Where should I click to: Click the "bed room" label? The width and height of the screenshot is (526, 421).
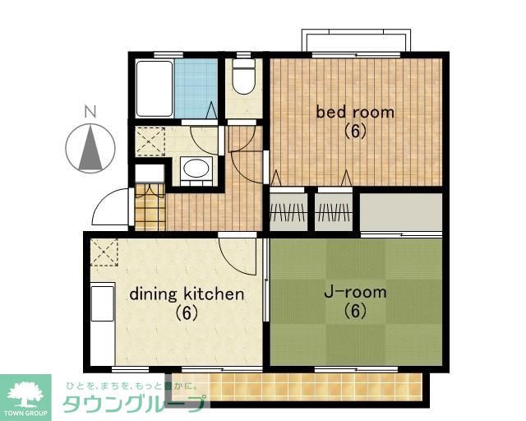click(355, 112)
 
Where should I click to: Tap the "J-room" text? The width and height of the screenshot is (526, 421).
click(355, 292)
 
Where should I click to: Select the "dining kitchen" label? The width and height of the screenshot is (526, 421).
click(187, 294)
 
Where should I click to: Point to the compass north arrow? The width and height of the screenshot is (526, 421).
click(90, 147)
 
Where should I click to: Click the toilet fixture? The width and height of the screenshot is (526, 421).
click(242, 78)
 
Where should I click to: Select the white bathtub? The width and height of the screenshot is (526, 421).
click(154, 88)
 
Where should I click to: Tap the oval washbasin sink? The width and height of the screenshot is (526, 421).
click(196, 169)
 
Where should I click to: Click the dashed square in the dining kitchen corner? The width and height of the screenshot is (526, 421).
click(104, 251)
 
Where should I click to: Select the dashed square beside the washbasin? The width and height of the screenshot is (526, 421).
click(151, 141)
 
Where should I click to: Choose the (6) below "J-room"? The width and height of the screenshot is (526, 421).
click(355, 311)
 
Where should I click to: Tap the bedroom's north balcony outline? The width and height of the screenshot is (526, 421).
click(355, 40)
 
